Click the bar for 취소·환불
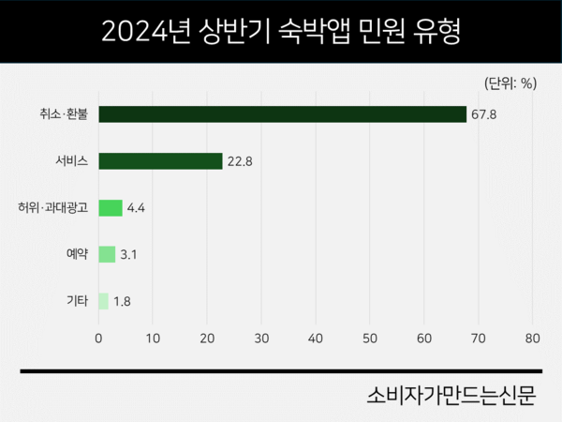pos(282,114)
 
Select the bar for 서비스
pos(160,160)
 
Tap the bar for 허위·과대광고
pos(111,207)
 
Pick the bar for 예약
pos(107,254)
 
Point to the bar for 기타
pos(103,301)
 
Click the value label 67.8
pos(483,114)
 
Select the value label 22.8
pos(239,161)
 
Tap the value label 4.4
pos(137,208)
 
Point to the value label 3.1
pos(129,255)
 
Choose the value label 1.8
pos(123,302)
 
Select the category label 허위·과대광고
pos(52,208)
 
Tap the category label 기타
pos(77,302)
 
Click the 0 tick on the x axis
pos(98,337)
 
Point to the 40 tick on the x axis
pos(316,337)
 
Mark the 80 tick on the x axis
pos(533,337)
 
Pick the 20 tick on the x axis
pos(207,337)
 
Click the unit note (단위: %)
pos(510,83)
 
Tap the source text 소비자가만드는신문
pos(451,395)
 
